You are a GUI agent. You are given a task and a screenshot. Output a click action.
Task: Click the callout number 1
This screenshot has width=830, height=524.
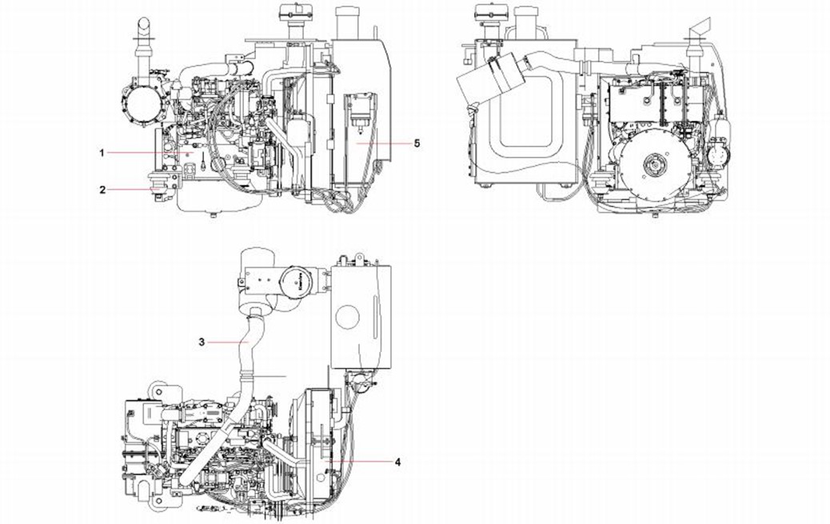click(x=102, y=151)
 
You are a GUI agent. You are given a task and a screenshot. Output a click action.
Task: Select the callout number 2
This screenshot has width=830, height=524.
click(x=102, y=190)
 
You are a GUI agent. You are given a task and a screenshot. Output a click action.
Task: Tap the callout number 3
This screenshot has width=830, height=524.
click(x=202, y=342)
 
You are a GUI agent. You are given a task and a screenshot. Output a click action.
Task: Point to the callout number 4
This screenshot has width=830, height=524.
click(x=397, y=462)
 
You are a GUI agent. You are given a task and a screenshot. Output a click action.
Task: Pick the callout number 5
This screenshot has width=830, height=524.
click(x=417, y=142)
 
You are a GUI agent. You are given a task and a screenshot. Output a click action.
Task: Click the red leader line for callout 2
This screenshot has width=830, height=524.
click(x=128, y=190)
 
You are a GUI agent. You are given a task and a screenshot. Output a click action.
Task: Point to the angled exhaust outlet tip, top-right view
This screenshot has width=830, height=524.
click(x=698, y=30)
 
